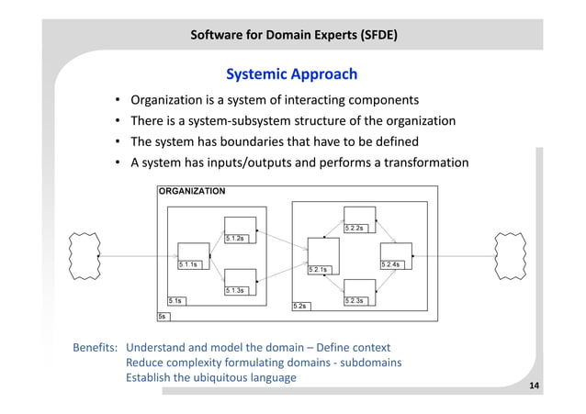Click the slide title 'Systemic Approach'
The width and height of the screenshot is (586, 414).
(x=291, y=73)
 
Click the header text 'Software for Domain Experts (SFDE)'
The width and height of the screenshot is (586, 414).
(x=293, y=37)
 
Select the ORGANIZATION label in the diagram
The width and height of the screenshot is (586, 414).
(x=191, y=191)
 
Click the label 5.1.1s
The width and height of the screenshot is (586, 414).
(x=189, y=264)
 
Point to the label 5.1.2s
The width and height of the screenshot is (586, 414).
(x=236, y=239)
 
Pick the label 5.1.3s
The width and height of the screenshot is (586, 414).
(x=236, y=290)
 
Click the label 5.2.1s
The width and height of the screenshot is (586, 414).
(x=319, y=270)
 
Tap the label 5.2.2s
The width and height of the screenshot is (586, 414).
(x=355, y=228)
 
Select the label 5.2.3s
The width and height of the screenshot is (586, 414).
(x=355, y=300)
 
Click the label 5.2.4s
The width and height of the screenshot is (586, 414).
(x=390, y=264)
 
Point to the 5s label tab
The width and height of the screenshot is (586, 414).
(x=163, y=316)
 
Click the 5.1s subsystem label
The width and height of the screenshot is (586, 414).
(x=175, y=300)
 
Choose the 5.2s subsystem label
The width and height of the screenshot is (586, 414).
(x=299, y=306)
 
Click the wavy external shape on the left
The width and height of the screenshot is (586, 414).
(x=85, y=255)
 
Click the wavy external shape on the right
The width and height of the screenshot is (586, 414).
(x=510, y=255)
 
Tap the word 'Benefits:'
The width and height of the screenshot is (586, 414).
(x=96, y=348)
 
